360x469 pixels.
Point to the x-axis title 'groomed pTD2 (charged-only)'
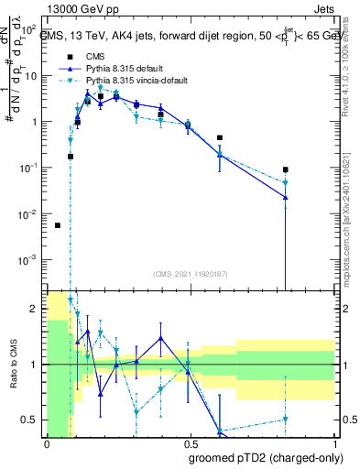(x=265, y=458)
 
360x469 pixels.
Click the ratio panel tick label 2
(x=34, y=310)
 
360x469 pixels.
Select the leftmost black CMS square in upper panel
(x=58, y=225)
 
